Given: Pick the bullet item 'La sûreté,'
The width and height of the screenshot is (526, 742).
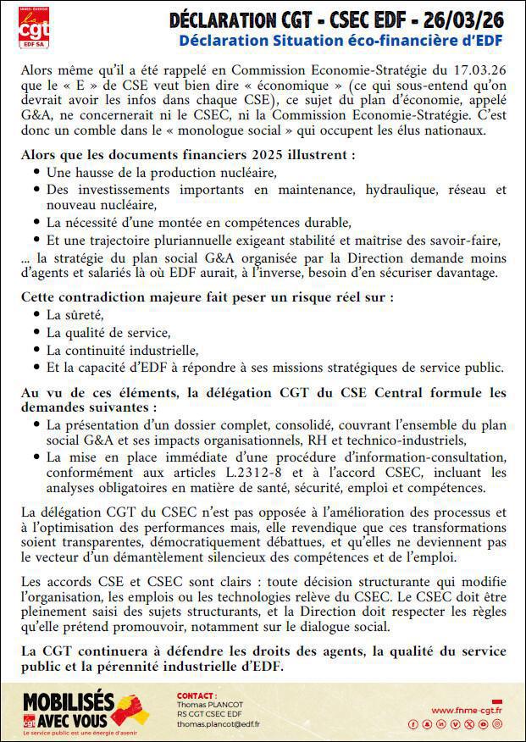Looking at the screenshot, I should point(74,314).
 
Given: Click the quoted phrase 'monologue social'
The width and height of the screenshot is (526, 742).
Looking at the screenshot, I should point(220,130).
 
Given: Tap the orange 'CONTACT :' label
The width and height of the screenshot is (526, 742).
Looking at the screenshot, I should point(197,695).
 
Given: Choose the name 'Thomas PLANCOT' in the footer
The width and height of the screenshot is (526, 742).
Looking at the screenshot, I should point(208,704).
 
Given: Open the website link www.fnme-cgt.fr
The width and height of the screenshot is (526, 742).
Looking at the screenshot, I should point(466,711).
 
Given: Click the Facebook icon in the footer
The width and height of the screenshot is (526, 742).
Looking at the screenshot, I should point(413,724).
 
